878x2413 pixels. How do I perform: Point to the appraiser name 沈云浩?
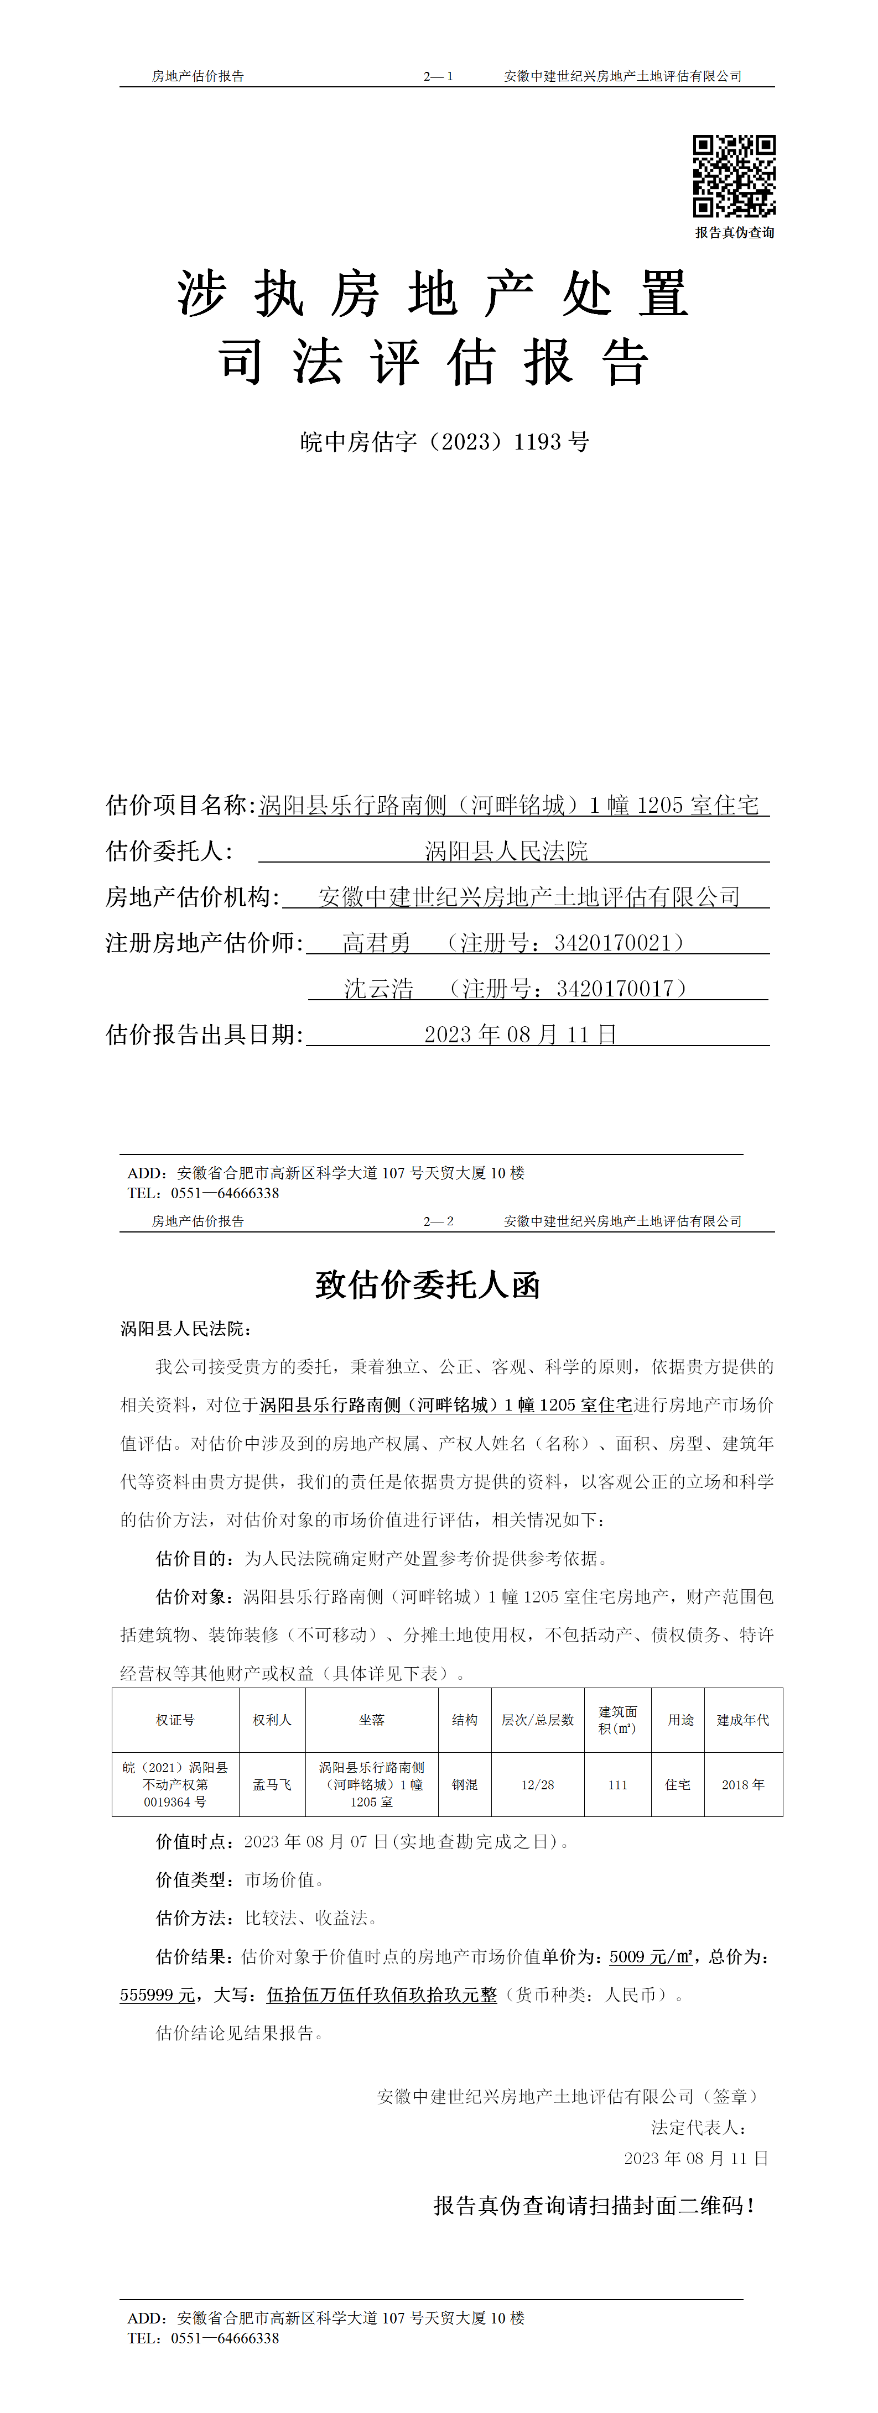pos(378,988)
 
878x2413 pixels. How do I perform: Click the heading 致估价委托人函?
pos(428,1284)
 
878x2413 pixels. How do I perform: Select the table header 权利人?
pos(272,1720)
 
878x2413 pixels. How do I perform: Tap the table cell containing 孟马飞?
pos(272,1784)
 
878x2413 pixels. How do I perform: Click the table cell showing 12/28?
pos(538,1784)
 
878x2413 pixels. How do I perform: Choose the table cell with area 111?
pos(617,1784)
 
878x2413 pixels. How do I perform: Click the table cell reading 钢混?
pos(465,1784)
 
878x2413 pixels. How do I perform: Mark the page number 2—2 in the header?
pos(439,1220)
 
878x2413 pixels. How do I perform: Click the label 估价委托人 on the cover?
pos(169,850)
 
